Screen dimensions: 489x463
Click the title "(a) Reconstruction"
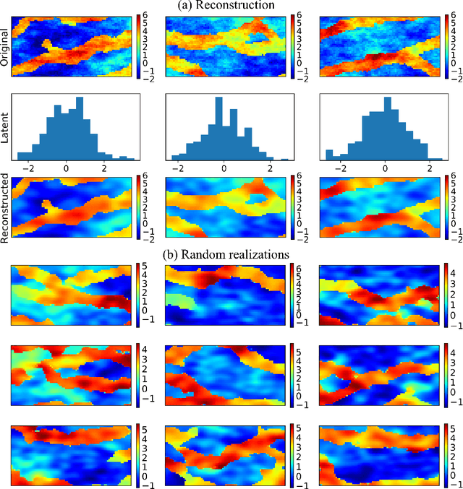231,6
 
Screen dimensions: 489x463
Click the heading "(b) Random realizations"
231,255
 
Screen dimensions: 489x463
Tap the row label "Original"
6,48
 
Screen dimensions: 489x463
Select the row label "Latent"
6,127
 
